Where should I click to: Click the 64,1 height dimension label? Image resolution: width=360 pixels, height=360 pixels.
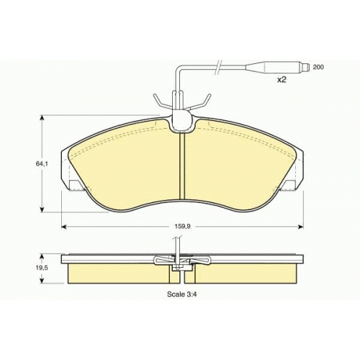tap(42, 164)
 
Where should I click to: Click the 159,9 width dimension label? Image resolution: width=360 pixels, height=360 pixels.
tap(182, 226)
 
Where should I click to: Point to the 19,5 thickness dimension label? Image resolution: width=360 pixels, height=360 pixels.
tap(42, 268)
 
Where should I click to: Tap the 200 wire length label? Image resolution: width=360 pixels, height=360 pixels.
tap(318, 67)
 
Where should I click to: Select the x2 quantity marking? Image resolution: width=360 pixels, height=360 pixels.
tap(282, 80)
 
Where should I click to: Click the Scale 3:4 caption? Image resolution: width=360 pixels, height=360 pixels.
tap(182, 294)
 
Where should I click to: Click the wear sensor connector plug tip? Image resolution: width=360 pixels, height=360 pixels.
tap(305, 67)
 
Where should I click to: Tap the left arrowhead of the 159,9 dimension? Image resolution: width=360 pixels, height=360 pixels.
tap(64, 227)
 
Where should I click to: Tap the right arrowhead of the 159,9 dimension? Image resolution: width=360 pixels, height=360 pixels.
tap(301, 227)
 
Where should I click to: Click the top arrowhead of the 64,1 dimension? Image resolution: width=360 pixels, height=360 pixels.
tap(42, 117)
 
